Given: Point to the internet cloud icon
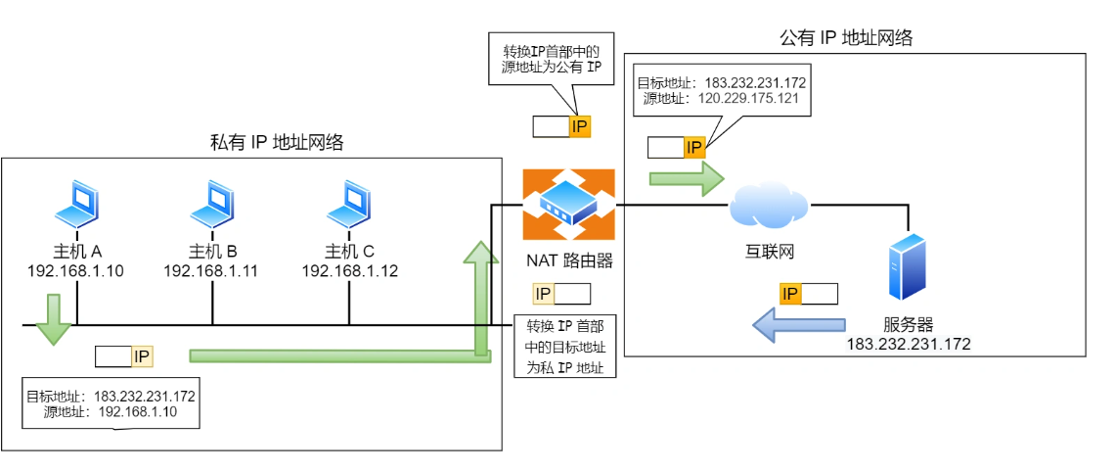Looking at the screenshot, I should (x=768, y=204).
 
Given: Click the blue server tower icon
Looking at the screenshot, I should (x=907, y=266).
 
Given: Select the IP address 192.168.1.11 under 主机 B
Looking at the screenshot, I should (x=210, y=270).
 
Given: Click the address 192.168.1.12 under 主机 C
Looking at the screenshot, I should (x=349, y=270).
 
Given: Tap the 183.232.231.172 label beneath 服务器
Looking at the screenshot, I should (x=909, y=344).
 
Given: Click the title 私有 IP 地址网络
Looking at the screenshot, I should (x=277, y=143).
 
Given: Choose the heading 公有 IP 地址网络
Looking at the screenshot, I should (x=845, y=38).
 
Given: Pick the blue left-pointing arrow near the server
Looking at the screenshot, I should (x=797, y=324).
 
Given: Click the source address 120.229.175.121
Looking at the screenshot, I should (x=748, y=99).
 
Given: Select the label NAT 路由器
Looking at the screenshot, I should (x=568, y=261).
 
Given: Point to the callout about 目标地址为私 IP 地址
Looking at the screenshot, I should (x=564, y=347).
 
